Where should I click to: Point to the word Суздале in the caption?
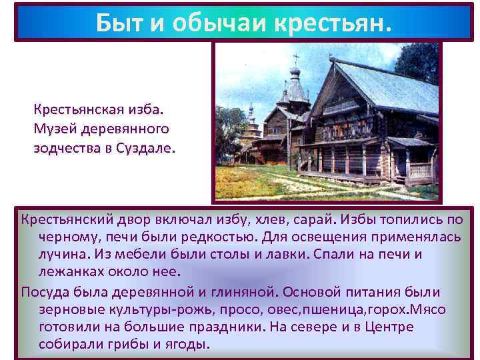point(144,147)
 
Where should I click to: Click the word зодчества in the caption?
point(65,147)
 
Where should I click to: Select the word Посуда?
point(43,292)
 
